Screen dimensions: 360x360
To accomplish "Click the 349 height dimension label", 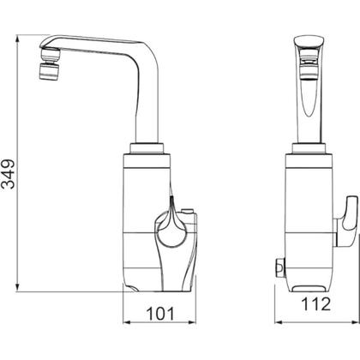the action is click(8, 174).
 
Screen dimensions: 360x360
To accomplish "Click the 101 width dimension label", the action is click(160, 314).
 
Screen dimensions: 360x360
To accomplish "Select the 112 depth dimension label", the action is click(316, 303).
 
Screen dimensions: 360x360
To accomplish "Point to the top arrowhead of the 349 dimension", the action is click(18, 39).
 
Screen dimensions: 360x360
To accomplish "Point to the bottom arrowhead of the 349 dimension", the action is click(18, 287).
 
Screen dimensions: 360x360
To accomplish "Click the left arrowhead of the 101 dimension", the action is click(127, 322).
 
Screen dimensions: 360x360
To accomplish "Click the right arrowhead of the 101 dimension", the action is click(193, 322).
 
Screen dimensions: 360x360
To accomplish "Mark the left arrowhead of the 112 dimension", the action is click(279, 322).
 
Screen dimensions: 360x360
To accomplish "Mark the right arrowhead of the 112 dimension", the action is click(355, 322).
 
